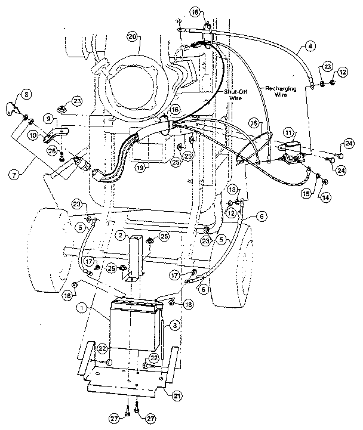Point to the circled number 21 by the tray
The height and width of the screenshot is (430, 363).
point(177,395)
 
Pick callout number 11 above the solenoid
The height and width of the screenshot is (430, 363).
point(289,132)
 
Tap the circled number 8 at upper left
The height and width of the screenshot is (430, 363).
point(27,93)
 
